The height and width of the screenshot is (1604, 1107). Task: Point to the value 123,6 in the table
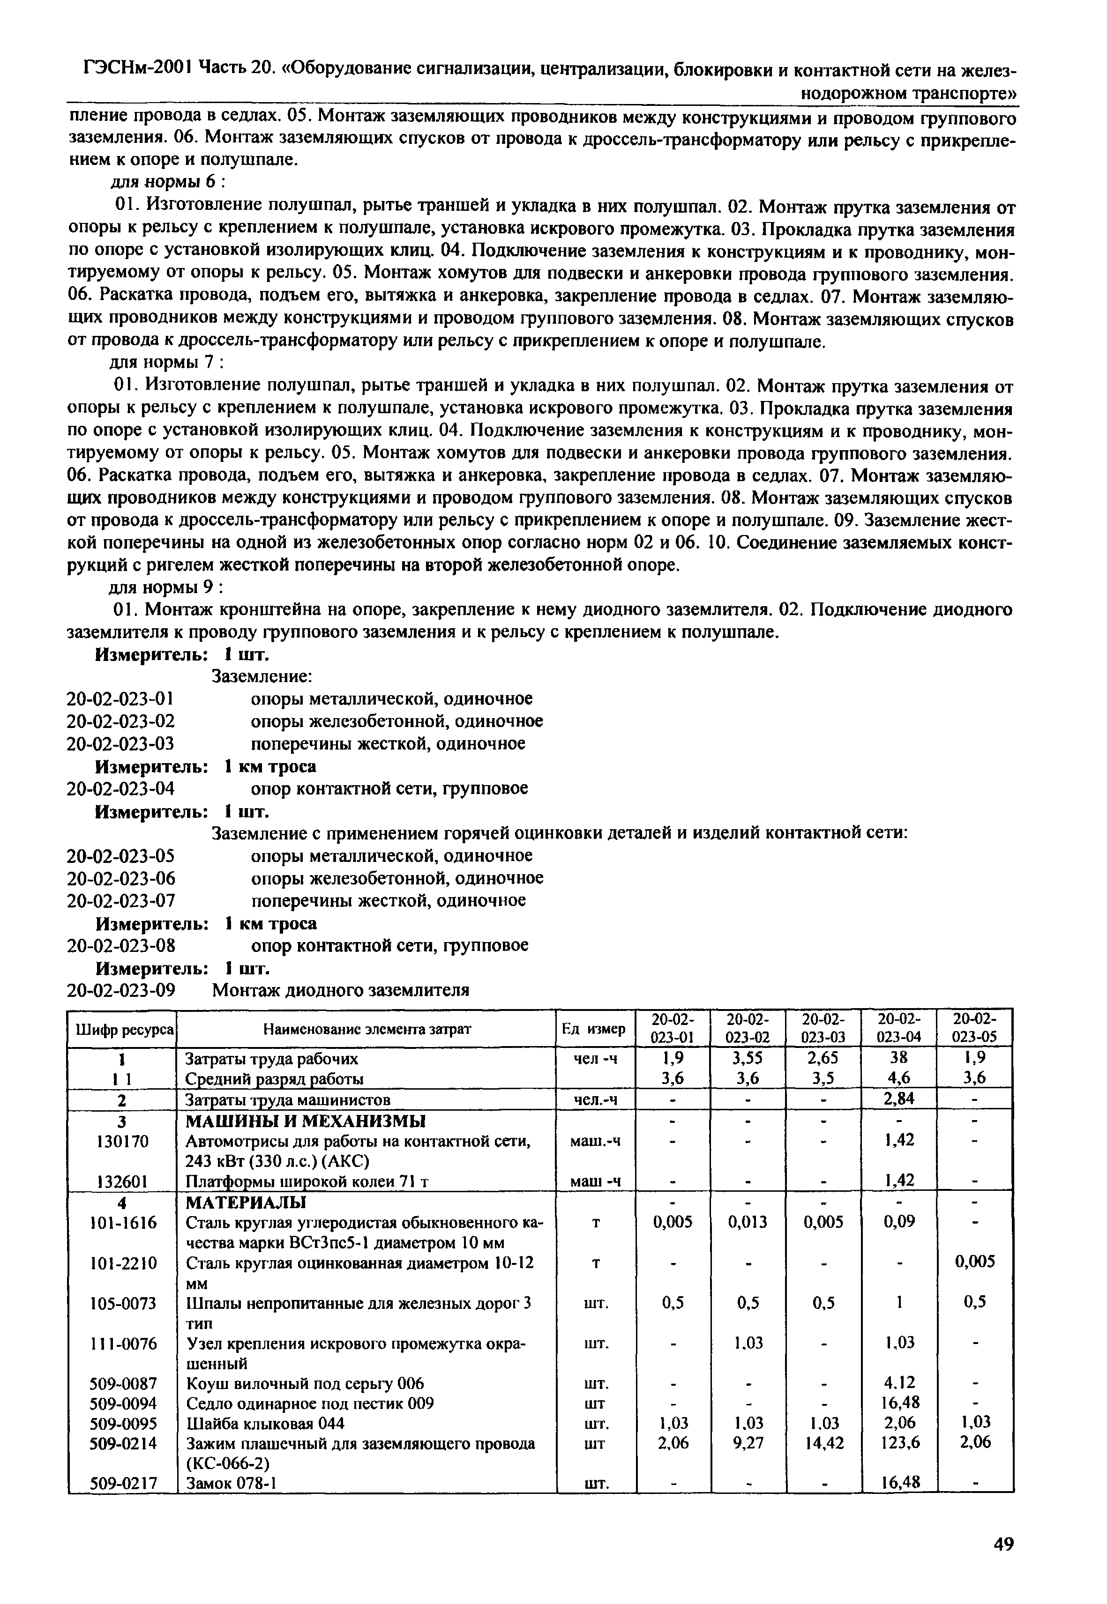(899, 1443)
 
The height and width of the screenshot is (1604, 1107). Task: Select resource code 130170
(123, 1141)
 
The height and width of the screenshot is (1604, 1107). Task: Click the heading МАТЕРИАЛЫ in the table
(246, 1201)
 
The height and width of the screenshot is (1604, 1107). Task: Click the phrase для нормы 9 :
(165, 588)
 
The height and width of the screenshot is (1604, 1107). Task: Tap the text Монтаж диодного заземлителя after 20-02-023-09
(340, 990)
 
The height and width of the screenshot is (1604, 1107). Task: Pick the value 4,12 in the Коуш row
(899, 1383)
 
